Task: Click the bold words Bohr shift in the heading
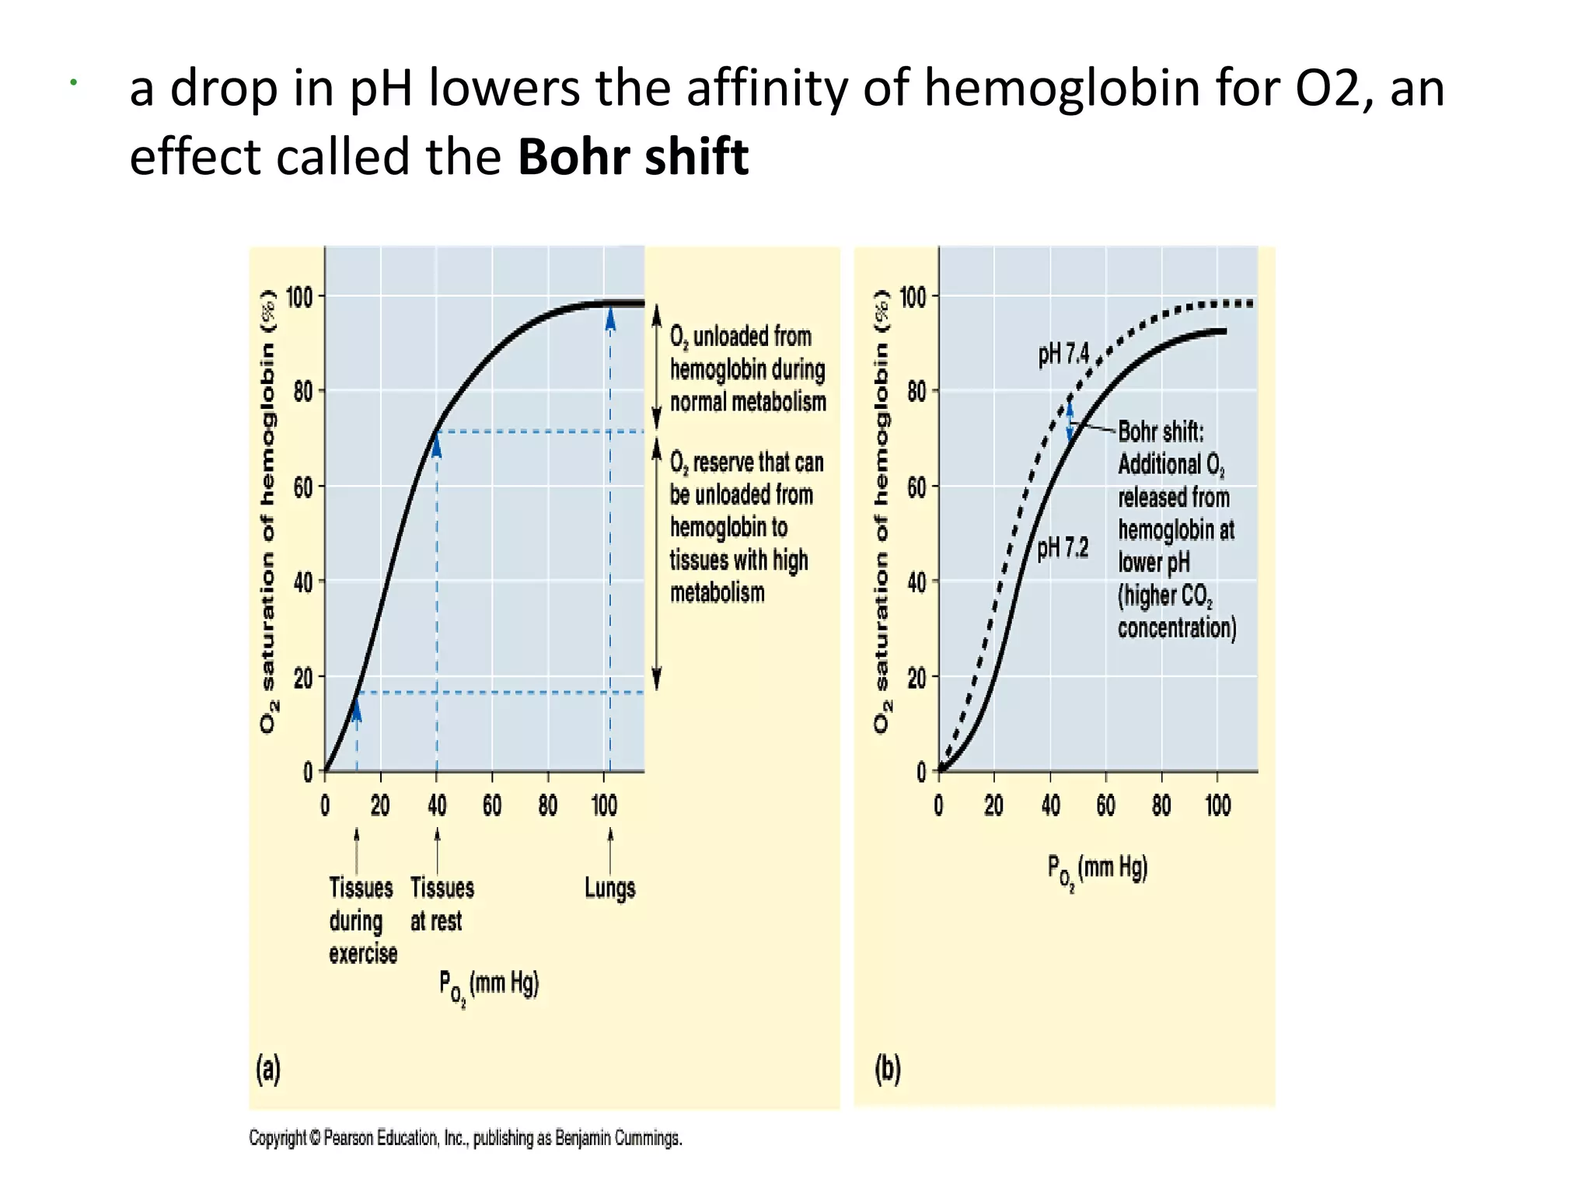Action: tap(633, 157)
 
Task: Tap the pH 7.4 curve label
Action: tap(1063, 354)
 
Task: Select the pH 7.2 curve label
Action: tap(1063, 548)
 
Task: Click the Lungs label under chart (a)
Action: tap(609, 888)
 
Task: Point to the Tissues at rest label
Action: tap(442, 904)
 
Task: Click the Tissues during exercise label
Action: tap(362, 920)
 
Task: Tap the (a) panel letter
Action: tap(268, 1070)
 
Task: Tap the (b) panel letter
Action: tap(888, 1070)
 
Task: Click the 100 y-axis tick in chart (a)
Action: tap(299, 297)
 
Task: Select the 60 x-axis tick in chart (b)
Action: tap(1105, 805)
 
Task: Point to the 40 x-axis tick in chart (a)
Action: tap(437, 805)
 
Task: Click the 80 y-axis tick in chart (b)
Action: tap(916, 391)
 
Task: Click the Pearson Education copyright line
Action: tap(465, 1138)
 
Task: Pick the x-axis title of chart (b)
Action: tap(1097, 870)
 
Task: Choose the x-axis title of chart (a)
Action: tap(488, 986)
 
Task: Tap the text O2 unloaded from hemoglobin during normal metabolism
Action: tap(747, 369)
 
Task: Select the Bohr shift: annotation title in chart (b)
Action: tap(1161, 431)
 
